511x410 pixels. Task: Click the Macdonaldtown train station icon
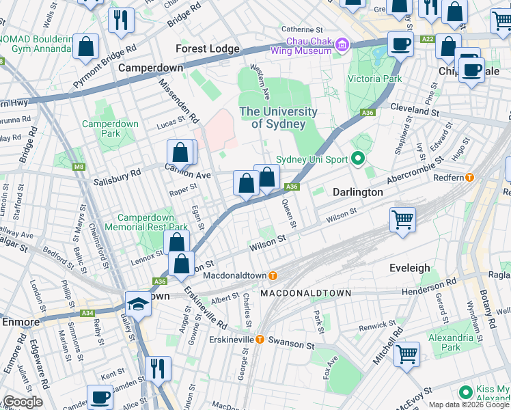273,276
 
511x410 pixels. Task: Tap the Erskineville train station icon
260,340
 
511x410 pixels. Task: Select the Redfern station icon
469,178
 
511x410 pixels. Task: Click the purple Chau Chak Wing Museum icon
342,45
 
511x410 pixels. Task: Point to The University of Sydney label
278,118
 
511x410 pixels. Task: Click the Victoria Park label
373,78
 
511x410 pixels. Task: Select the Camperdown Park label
110,129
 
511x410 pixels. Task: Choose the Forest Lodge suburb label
208,49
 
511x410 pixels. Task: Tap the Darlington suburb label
357,192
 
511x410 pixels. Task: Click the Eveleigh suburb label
411,268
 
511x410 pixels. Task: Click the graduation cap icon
138,303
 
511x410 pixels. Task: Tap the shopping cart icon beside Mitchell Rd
407,354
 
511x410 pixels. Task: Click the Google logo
23,402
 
